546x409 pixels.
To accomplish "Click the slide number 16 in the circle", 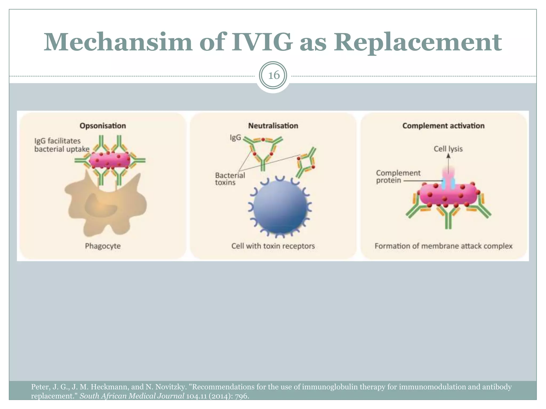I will (274, 75).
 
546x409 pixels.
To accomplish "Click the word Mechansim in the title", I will (118, 42).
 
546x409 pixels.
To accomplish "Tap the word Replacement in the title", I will (417, 42).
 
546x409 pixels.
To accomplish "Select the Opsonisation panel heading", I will (103, 126).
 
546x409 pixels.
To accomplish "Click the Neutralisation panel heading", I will (273, 126).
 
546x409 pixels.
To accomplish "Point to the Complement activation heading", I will (443, 126).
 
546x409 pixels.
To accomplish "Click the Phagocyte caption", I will (103, 246).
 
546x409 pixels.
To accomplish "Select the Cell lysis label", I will (448, 149).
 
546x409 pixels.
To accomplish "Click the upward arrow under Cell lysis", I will (448, 162).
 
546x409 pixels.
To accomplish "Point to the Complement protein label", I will (398, 177).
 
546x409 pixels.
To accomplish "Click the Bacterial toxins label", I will (230, 179).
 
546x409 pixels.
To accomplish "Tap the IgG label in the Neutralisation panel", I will (235, 137).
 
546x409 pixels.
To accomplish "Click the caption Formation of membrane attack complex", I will (443, 246).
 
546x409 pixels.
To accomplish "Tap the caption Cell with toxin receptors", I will (273, 246).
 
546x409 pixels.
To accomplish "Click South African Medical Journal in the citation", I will (132, 396).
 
